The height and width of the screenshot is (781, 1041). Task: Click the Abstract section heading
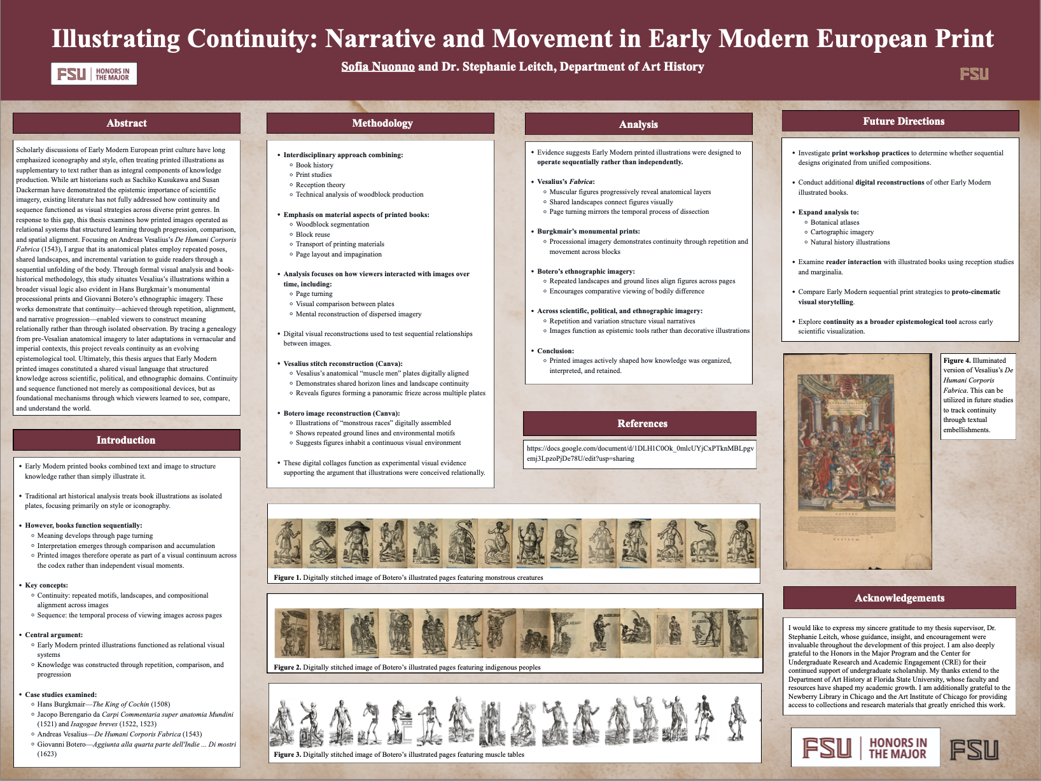(127, 123)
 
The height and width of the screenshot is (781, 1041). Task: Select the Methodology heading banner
(382, 123)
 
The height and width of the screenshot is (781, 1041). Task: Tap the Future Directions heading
(903, 122)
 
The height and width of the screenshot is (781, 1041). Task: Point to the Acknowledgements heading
(899, 598)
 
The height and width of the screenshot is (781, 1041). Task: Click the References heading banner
(642, 424)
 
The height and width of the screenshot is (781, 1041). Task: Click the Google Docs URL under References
(639, 453)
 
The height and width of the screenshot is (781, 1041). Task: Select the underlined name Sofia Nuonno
(377, 67)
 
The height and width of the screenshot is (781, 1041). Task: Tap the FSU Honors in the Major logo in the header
(94, 74)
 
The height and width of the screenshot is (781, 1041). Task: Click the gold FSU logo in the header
(974, 74)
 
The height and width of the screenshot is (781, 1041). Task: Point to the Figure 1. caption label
(288, 578)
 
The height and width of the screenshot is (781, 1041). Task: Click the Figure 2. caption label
(288, 668)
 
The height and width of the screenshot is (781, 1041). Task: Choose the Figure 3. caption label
(288, 755)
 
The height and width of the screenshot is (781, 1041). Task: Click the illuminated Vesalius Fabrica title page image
(857, 461)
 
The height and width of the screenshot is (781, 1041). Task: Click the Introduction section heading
(126, 440)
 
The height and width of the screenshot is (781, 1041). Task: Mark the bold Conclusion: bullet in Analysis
(555, 351)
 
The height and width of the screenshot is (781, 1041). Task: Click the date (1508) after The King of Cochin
(160, 705)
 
